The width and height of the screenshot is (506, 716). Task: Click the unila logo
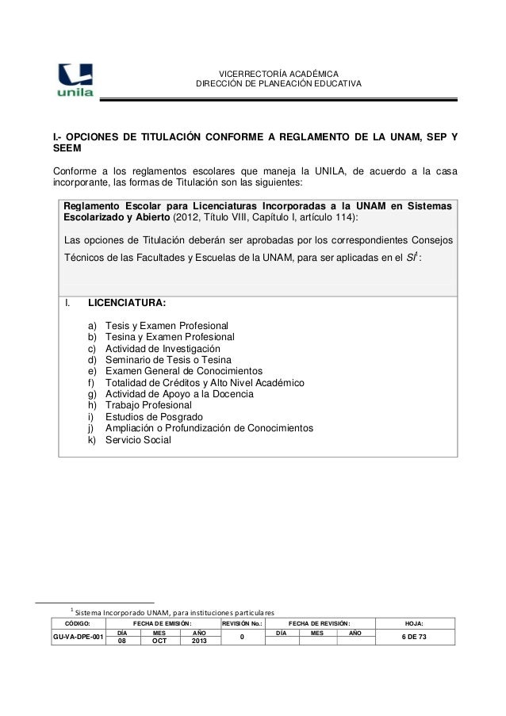(75, 78)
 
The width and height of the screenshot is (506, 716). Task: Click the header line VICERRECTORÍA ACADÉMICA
(278, 73)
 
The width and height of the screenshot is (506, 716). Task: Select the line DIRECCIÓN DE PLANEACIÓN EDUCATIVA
(278, 84)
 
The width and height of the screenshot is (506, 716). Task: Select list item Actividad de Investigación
(163, 349)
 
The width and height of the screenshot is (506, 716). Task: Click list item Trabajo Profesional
(150, 405)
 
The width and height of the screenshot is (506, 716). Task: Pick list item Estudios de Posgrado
(154, 417)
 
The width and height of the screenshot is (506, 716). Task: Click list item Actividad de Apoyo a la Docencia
(179, 394)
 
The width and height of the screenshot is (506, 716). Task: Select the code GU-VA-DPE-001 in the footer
(76, 638)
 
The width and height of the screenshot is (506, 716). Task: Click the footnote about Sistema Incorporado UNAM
(172, 613)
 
